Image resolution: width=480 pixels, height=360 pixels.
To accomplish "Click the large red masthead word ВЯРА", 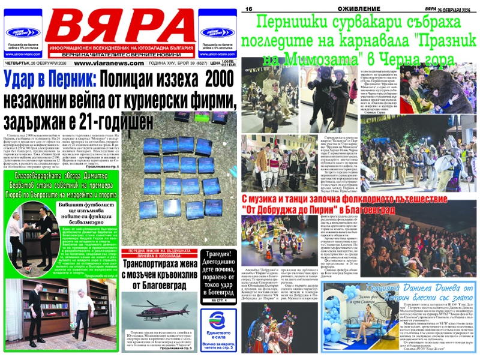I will pos(120,25).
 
